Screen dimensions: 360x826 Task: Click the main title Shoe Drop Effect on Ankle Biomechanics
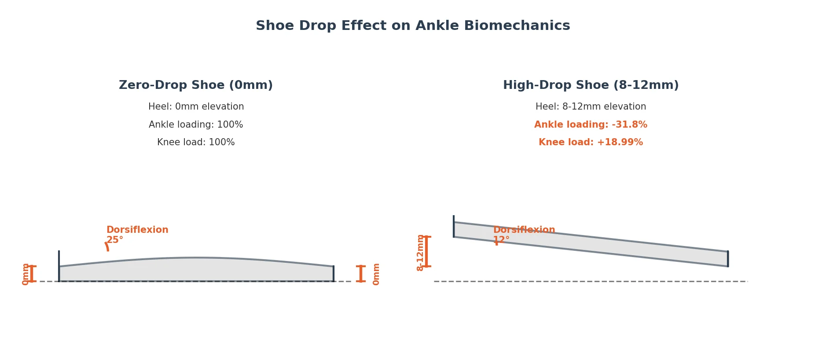413,26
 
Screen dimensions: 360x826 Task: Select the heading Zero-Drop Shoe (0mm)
196,85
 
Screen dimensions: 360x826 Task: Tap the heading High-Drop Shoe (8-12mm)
591,85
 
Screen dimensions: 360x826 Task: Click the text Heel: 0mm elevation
196,107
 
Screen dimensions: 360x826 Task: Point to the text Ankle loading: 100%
196,125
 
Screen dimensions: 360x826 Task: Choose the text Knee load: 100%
196,143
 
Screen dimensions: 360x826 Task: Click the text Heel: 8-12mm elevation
591,107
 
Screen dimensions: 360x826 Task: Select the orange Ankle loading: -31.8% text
591,125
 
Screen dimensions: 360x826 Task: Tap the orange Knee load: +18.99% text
591,143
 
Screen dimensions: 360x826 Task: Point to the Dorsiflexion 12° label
524,235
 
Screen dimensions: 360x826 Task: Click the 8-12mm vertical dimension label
420,253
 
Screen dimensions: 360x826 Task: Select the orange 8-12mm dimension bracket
426,252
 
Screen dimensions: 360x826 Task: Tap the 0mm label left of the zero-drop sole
26,274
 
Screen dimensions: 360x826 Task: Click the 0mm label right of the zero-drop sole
376,274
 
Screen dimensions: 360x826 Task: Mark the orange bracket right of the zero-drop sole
361,273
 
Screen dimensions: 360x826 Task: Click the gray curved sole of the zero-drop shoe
196,270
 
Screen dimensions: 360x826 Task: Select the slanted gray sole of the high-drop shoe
591,244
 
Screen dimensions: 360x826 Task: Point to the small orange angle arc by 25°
107,246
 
